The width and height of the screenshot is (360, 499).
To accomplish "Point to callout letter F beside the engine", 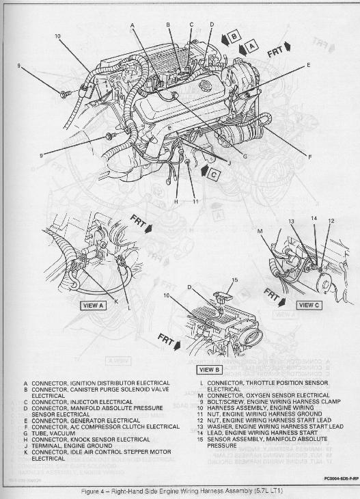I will pyautogui.click(x=309, y=157).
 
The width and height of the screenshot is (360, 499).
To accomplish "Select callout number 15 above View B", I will pyautogui.click(x=234, y=280).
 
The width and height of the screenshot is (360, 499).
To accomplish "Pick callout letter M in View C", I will pyautogui.click(x=259, y=230).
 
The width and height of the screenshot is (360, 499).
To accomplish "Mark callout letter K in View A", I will pyautogui.click(x=115, y=301).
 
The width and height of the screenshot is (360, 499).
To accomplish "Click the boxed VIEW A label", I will pyautogui.click(x=93, y=306).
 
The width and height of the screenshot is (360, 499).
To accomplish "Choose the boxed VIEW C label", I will pyautogui.click(x=309, y=305).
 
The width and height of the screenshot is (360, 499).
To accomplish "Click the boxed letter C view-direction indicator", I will pyautogui.click(x=213, y=174).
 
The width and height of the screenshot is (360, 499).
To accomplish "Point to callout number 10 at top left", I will pyautogui.click(x=57, y=36).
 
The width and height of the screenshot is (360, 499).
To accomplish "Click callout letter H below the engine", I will pyautogui.click(x=176, y=202).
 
